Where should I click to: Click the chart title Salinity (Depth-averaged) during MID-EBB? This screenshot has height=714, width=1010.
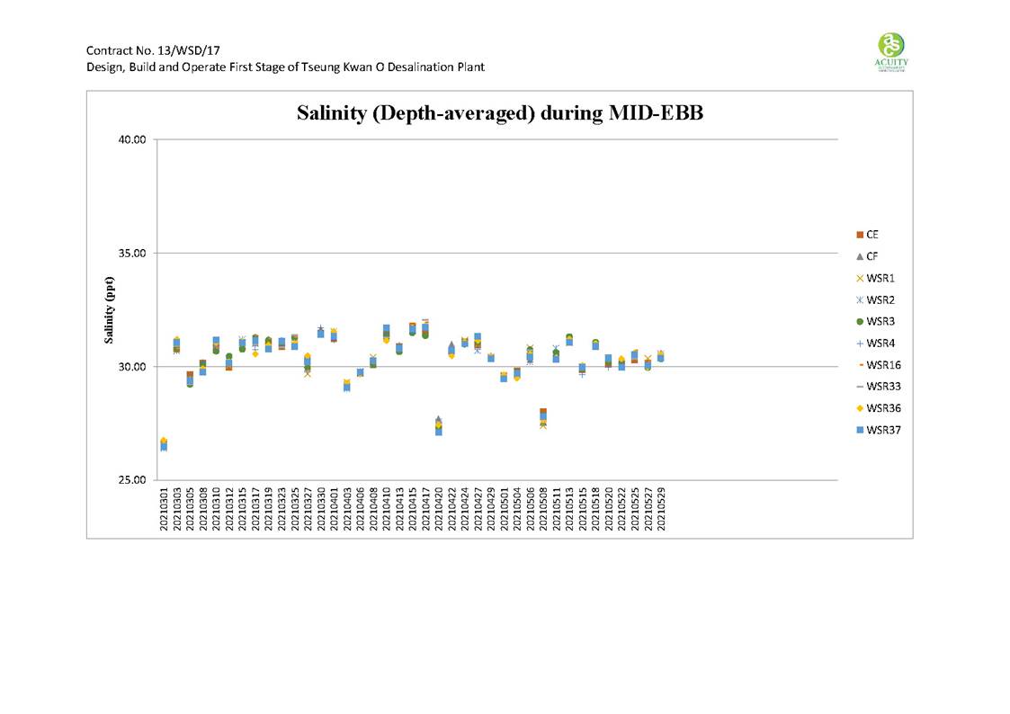pos(499,113)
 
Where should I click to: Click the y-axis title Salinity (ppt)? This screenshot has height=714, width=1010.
pos(109,309)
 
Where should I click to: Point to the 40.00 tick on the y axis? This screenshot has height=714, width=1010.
pos(131,139)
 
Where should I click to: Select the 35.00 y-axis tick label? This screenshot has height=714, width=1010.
pos(131,253)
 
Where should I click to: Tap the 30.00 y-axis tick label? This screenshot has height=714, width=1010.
pos(131,366)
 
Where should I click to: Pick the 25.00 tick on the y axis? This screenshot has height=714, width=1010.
pos(131,479)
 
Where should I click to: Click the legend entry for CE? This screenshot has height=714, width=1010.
pos(871,235)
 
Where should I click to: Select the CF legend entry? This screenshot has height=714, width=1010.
pos(871,256)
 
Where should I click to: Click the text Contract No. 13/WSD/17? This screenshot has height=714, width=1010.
pos(141,49)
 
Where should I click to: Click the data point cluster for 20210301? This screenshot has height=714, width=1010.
pos(164,444)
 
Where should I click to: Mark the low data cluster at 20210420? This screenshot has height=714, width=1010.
pos(438,426)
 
